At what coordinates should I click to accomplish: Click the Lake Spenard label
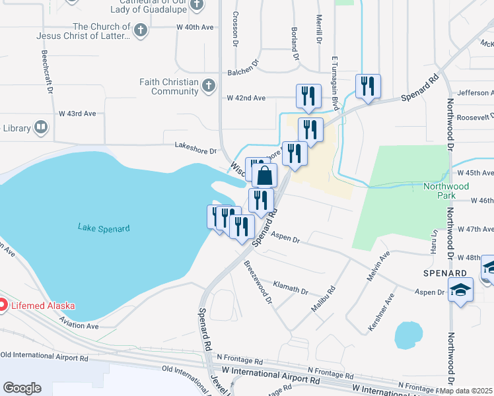[104, 228]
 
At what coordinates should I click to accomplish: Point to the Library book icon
[41, 127]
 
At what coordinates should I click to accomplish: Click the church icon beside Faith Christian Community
[208, 86]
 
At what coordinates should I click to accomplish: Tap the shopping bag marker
[264, 176]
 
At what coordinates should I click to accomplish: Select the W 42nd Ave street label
[246, 98]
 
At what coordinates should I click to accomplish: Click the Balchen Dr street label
[243, 73]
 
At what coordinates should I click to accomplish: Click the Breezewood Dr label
[258, 281]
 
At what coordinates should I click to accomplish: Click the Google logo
[22, 388]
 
